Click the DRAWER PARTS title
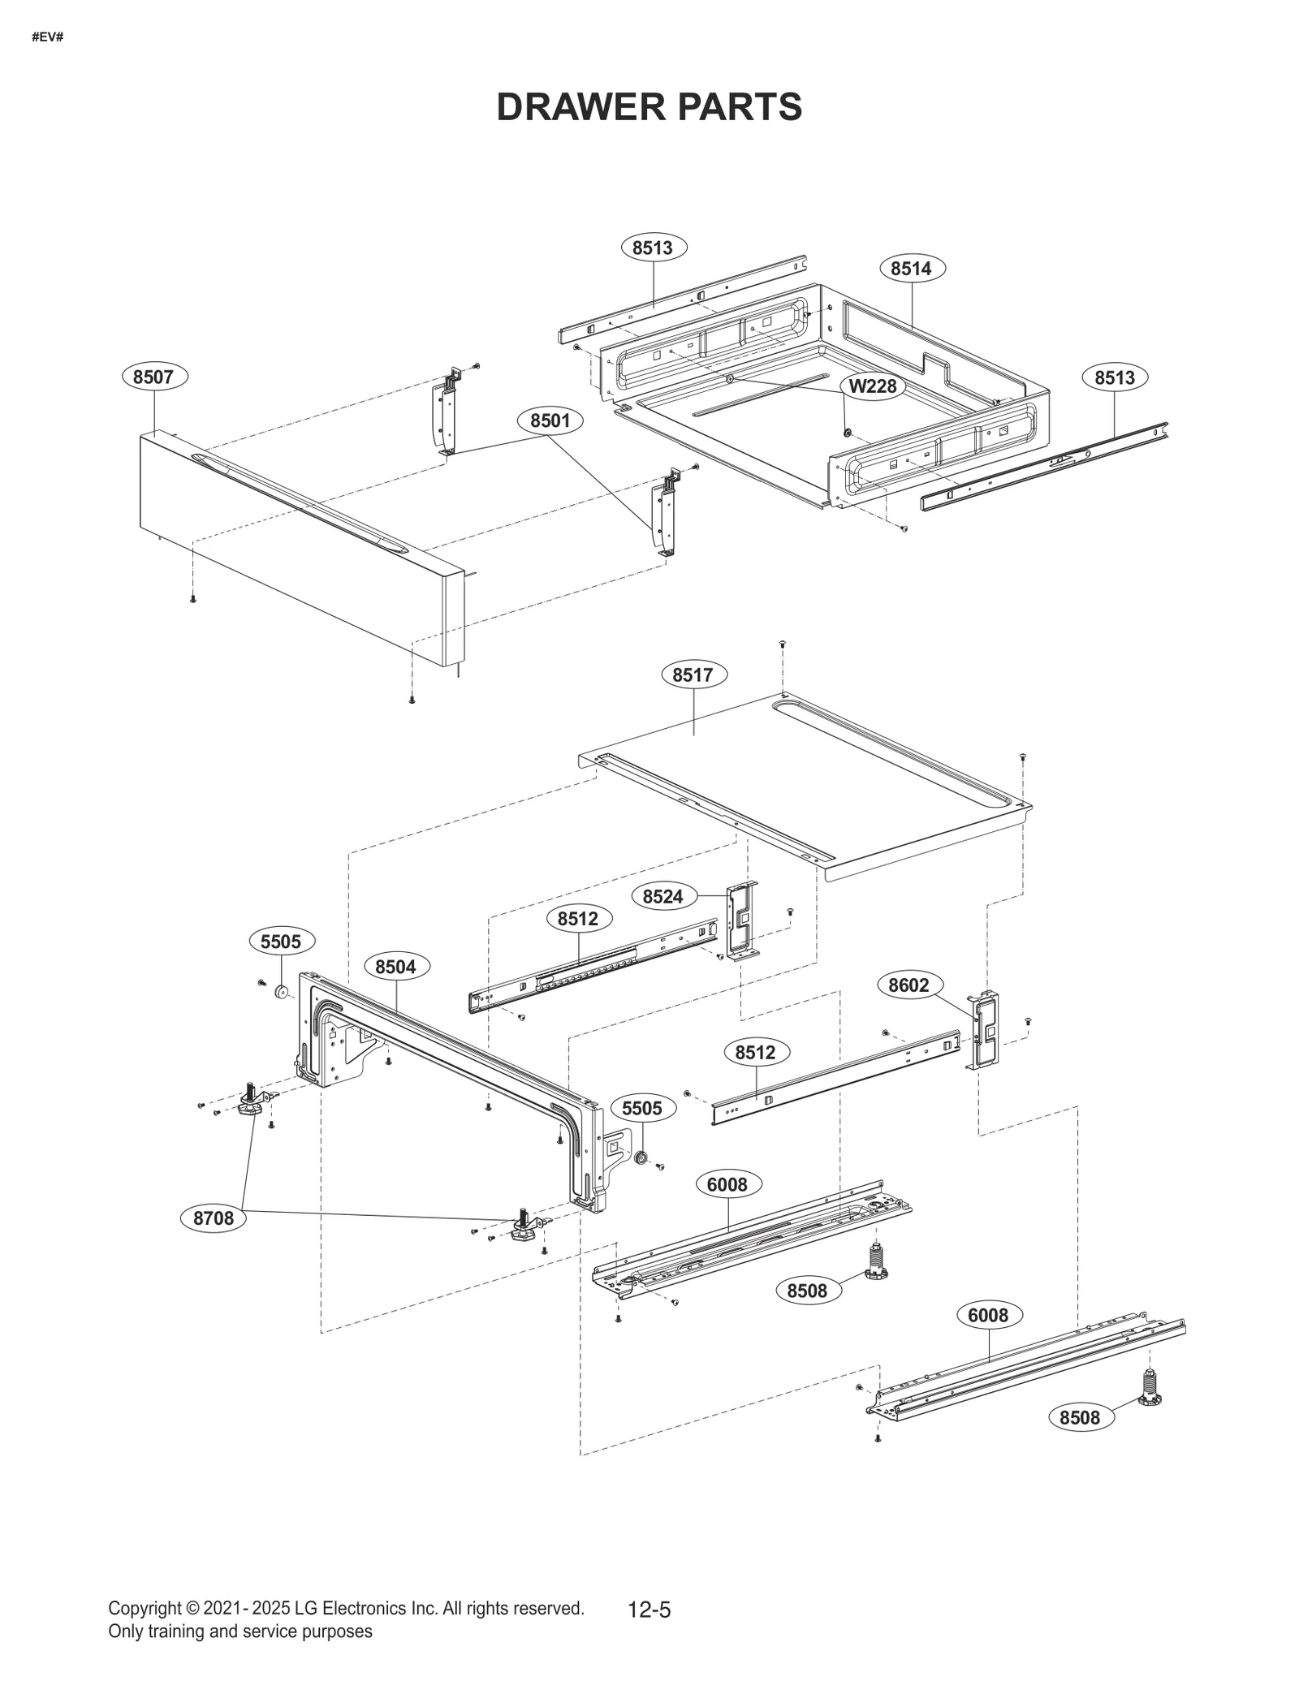tap(649, 106)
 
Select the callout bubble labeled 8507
tap(154, 377)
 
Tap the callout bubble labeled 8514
tap(911, 268)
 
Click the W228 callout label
tap(873, 386)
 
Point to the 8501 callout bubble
tap(550, 420)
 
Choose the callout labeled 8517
tap(693, 675)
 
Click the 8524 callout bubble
tap(662, 896)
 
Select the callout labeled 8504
tap(395, 966)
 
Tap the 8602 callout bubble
tap(908, 985)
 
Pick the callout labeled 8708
tap(213, 1241)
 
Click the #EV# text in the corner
tap(47, 37)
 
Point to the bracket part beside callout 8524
tap(741, 920)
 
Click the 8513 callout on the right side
tap(1114, 377)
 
